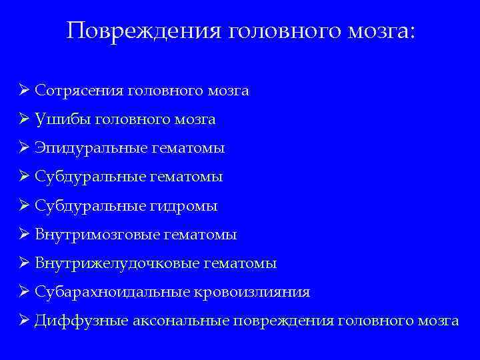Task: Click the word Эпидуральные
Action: [83, 149]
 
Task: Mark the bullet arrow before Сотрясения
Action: [24, 90]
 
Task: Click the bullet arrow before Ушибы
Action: [24, 119]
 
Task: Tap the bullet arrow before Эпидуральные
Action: [24, 148]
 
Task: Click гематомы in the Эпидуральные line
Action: [189, 149]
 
